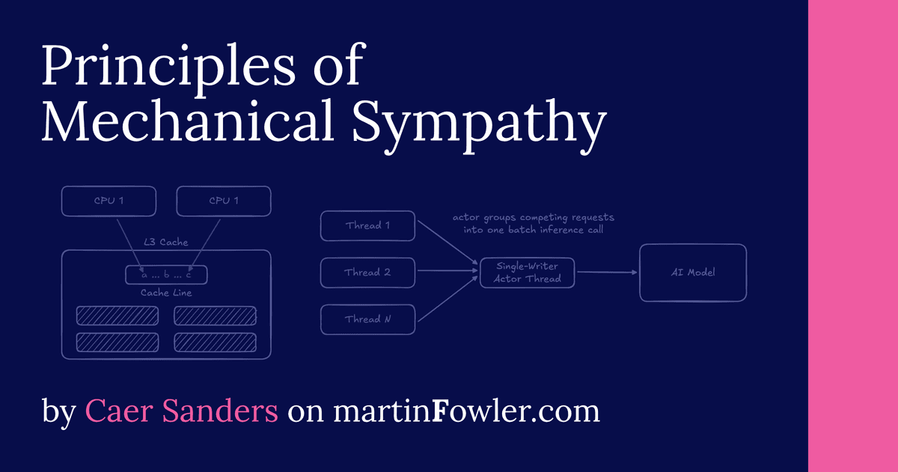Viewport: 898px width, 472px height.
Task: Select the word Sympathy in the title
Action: [479, 124]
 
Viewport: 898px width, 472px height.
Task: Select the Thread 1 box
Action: [367, 226]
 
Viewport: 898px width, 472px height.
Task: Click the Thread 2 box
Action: [367, 273]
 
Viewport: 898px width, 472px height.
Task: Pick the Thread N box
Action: [367, 319]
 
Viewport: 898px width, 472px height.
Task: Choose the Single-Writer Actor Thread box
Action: [528, 272]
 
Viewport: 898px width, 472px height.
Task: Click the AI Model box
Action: [693, 273]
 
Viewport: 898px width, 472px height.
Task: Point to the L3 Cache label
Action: [165, 243]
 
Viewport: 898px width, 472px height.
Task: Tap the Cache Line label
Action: [166, 293]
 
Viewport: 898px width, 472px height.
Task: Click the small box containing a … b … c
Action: [166, 275]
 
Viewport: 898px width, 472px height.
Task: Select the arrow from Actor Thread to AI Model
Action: [606, 273]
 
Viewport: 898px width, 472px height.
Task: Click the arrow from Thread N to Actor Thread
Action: [447, 300]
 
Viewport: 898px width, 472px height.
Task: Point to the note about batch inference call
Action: [533, 224]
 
